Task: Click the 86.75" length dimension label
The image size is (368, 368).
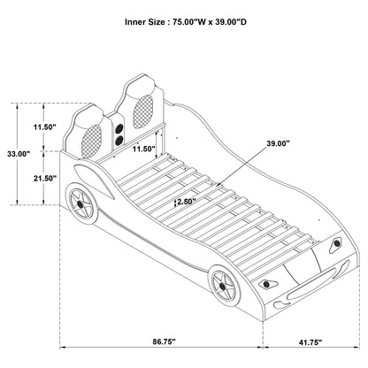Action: click(162, 341)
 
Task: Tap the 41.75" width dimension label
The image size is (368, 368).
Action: click(309, 341)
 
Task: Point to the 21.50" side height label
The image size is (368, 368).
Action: click(44, 179)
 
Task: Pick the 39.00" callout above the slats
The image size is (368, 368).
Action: click(278, 142)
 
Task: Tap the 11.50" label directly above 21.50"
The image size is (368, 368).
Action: click(44, 127)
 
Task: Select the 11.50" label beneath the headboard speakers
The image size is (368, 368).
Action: click(142, 149)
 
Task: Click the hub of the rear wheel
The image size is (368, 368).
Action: click(82, 207)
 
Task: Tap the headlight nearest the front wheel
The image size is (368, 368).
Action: click(265, 285)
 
